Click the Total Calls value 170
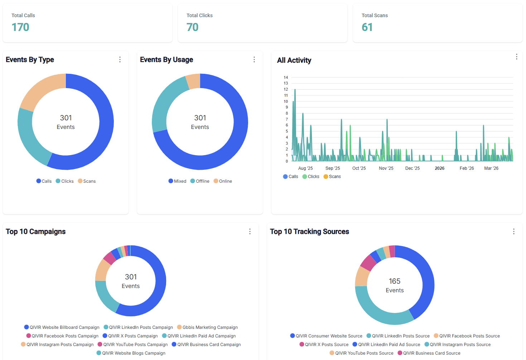[x=20, y=27]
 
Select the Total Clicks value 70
[x=192, y=27]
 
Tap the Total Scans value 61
[x=367, y=27]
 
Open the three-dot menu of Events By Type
[x=120, y=59]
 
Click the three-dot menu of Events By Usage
[x=254, y=59]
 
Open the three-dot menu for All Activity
[x=516, y=57]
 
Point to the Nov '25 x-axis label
[x=386, y=168]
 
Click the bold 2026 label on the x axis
[x=439, y=168]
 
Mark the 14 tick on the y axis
[x=286, y=77]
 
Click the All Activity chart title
[x=294, y=61]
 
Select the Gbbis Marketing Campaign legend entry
[x=210, y=327]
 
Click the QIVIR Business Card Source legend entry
[x=431, y=353]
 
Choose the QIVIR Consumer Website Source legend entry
[x=329, y=336]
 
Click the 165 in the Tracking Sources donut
[x=395, y=281]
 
